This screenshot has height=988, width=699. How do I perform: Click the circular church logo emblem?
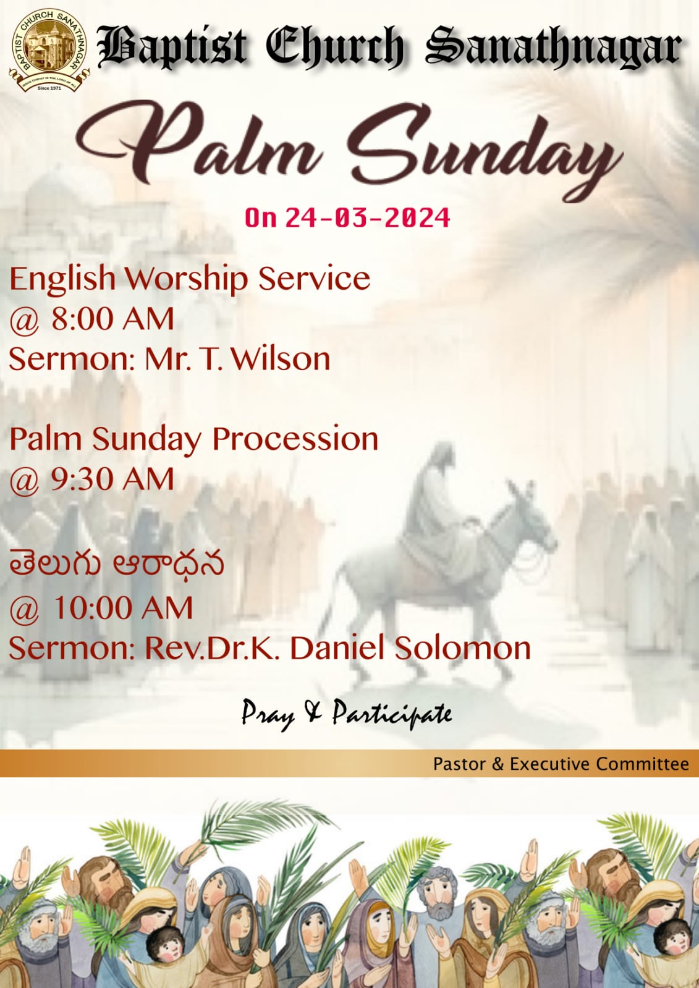(x=49, y=50)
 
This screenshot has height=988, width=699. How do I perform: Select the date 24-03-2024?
(x=368, y=217)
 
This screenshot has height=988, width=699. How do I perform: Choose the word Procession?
(x=295, y=439)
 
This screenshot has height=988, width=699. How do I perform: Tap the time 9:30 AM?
(x=112, y=479)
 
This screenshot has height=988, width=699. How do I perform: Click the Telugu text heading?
(x=117, y=564)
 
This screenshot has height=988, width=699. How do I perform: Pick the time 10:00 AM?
(x=123, y=608)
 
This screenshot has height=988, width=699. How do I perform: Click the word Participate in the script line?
(x=392, y=714)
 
